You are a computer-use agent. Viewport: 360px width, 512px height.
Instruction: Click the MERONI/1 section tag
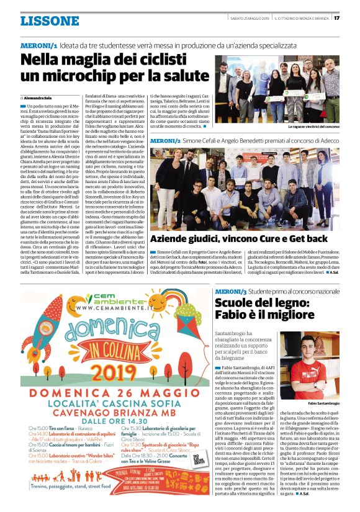39,45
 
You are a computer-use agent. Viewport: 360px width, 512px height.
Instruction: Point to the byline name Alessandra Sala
40,98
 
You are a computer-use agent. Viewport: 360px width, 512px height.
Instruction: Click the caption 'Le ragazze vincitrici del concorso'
306,127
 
